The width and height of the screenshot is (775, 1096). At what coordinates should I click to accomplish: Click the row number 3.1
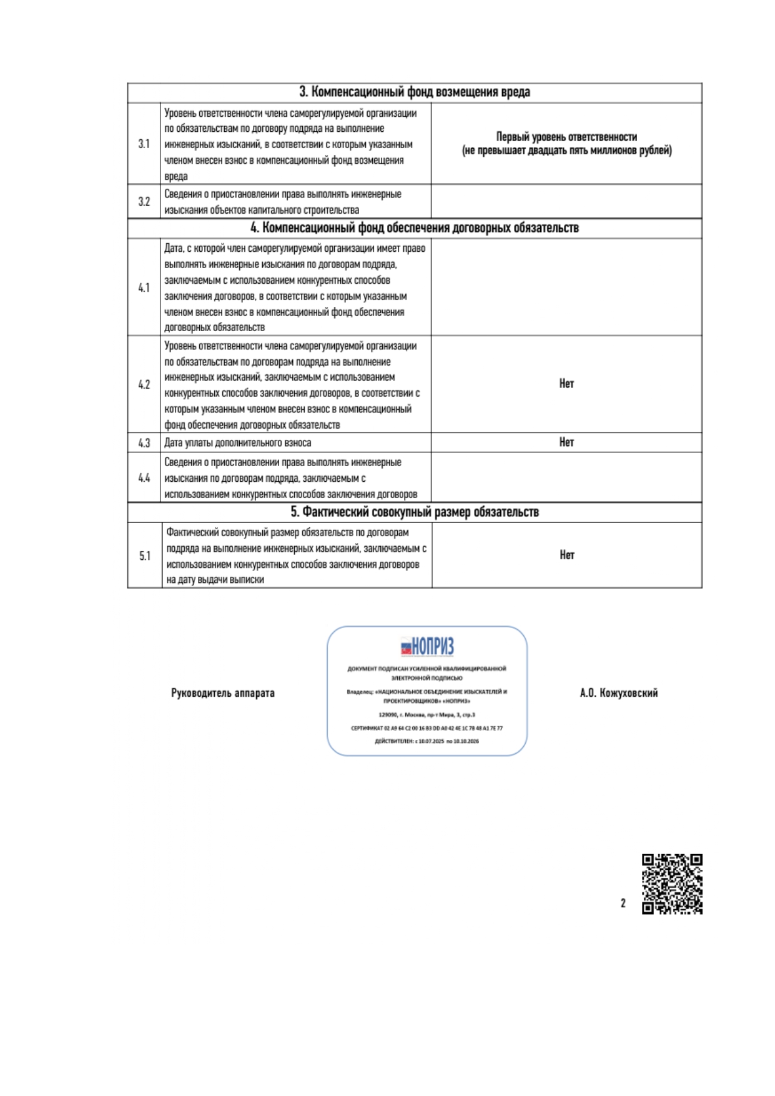(144, 144)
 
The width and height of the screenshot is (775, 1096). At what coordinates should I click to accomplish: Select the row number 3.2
(144, 202)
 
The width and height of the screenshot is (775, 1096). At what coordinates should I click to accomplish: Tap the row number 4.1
(144, 288)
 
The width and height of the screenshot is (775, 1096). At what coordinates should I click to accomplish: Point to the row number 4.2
(144, 385)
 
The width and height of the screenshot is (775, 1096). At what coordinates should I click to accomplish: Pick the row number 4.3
(144, 443)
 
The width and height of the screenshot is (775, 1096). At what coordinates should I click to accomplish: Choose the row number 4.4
(144, 478)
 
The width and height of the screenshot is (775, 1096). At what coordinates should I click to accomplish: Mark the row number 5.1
(145, 556)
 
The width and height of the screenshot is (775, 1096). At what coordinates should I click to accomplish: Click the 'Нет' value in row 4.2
(566, 384)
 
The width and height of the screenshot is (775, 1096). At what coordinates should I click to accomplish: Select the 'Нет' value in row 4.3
(566, 442)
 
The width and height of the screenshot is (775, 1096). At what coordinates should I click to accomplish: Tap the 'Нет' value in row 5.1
(566, 555)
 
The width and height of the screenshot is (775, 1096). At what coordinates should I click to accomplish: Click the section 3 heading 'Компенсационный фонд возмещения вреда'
(415, 92)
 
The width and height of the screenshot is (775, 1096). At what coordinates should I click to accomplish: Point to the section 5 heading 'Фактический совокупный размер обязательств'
(415, 512)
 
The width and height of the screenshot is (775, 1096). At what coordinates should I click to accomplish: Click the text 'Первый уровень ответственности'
(566, 137)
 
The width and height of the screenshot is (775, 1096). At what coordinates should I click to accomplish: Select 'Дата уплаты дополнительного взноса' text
(238, 443)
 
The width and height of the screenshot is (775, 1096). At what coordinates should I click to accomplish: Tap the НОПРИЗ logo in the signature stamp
(427, 646)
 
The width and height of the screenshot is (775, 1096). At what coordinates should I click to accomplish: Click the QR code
(672, 884)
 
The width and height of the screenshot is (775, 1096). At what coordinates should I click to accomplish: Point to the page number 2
(623, 904)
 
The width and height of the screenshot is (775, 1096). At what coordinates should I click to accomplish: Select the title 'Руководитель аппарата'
(223, 693)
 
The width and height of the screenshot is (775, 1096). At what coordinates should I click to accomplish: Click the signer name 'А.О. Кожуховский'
(618, 693)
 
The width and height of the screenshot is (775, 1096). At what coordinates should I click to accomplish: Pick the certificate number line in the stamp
(427, 729)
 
